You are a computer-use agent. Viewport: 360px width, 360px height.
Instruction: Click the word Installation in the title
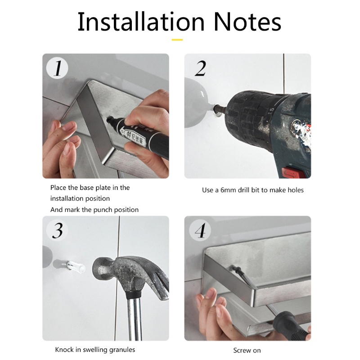click(141, 22)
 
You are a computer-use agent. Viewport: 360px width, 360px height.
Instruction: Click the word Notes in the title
click(247, 22)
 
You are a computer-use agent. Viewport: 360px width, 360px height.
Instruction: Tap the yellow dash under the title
click(177, 40)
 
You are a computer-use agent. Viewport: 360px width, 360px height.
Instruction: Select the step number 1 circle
click(57, 68)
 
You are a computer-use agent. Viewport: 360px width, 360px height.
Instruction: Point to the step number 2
click(200, 68)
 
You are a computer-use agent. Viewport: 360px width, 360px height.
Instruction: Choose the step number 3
click(58, 230)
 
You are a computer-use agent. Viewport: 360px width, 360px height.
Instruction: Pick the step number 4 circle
click(200, 230)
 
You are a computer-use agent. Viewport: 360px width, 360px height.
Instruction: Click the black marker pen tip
click(109, 119)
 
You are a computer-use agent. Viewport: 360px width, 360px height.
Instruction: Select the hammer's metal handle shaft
click(134, 319)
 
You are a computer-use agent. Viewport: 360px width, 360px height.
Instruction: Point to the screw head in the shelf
click(234, 268)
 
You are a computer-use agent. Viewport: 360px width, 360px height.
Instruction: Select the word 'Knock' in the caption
click(64, 350)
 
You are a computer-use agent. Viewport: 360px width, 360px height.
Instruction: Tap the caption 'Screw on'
click(247, 351)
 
